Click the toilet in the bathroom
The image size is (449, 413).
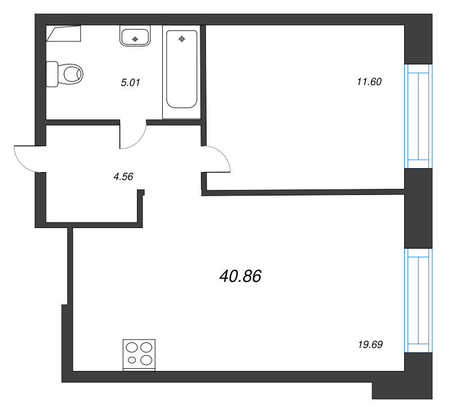click(65, 74)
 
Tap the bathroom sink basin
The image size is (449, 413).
click(135, 35)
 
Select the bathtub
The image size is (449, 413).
click(181, 72)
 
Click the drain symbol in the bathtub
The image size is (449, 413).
click(181, 39)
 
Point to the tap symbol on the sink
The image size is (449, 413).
click(135, 39)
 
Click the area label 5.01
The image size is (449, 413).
click(130, 82)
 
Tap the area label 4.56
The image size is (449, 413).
click(123, 177)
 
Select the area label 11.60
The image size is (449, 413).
click(369, 82)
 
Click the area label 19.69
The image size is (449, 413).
click(370, 345)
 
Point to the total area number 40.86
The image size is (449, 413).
click(241, 276)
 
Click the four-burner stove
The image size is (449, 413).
click(139, 355)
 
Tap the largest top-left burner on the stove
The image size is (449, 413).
click(132, 348)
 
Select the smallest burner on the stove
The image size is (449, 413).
click(132, 360)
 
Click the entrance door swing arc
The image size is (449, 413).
click(22, 164)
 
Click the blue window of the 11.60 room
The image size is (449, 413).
click(418, 117)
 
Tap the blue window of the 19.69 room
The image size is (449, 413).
click(418, 300)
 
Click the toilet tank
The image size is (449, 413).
click(52, 74)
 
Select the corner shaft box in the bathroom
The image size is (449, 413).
click(63, 34)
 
